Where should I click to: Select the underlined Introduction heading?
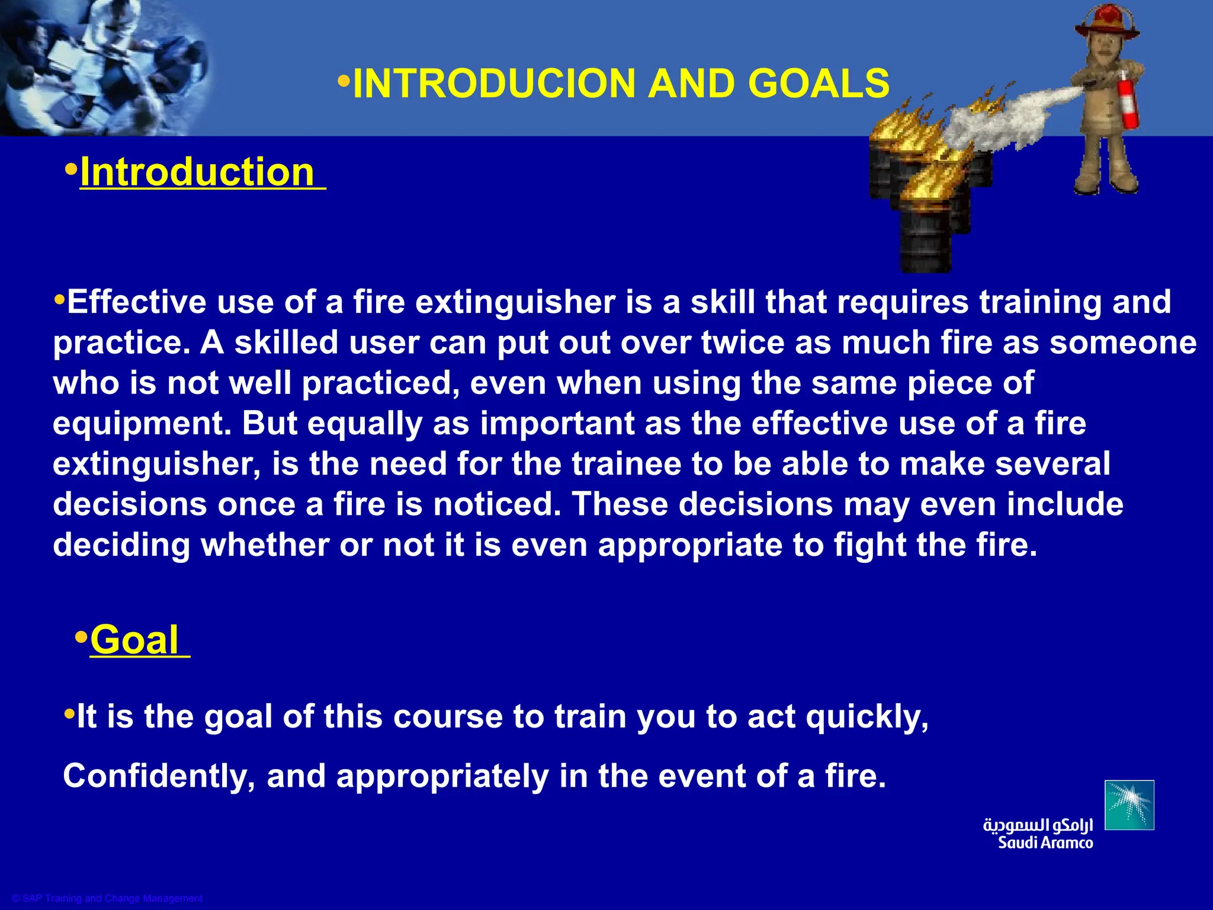[197, 172]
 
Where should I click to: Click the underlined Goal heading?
[134, 640]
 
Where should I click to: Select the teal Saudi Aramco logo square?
[1129, 805]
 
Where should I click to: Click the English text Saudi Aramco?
[1045, 843]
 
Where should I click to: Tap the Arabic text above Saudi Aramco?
[1038, 825]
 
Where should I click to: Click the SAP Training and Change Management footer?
[107, 898]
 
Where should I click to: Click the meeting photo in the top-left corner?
[101, 65]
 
